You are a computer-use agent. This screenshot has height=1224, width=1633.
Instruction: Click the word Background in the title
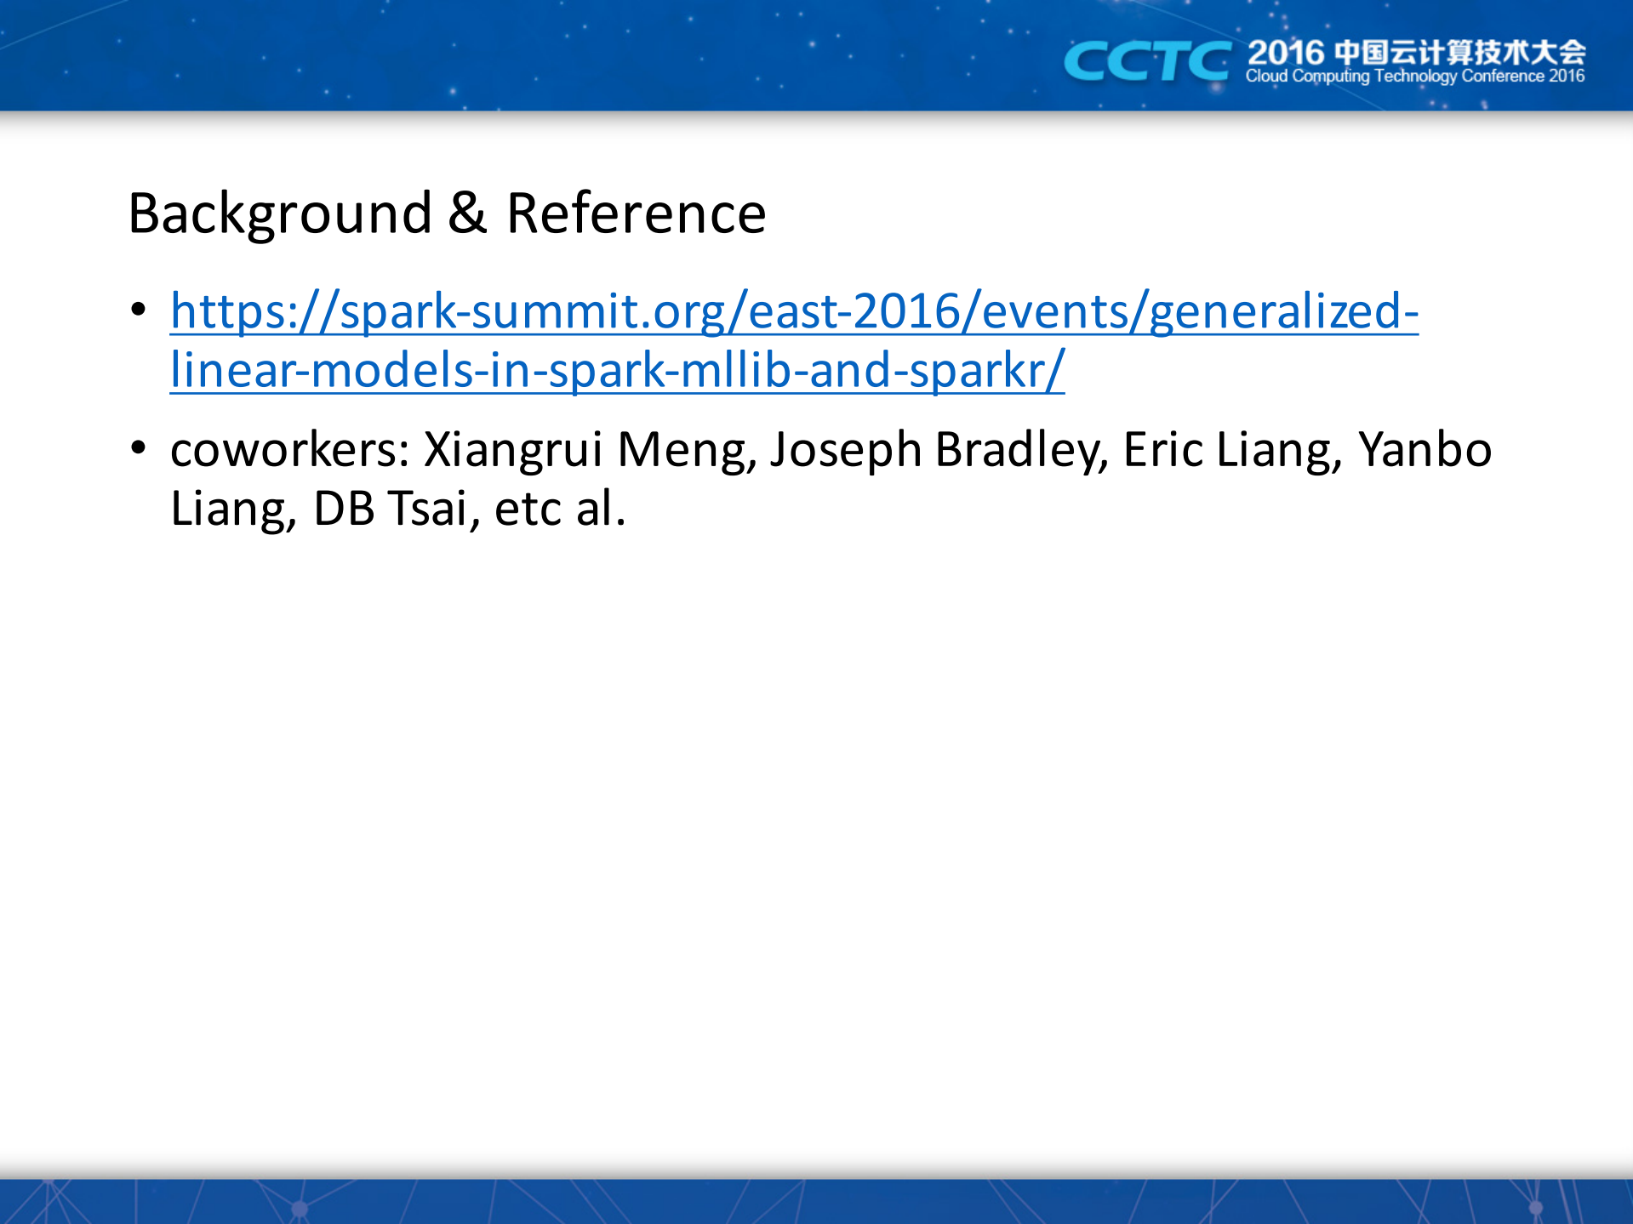280,214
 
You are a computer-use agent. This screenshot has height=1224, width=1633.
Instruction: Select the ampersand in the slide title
467,213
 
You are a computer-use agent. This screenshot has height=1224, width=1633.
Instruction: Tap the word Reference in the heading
636,213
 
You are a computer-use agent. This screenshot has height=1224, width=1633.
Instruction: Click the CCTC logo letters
1146,62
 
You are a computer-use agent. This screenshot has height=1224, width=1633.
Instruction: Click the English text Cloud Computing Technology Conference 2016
1415,77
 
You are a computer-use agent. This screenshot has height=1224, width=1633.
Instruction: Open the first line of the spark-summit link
794,311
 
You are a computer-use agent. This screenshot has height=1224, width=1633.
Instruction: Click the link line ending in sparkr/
617,371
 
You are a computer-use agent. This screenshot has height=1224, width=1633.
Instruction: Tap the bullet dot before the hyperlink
139,310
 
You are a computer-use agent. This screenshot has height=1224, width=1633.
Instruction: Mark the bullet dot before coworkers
139,448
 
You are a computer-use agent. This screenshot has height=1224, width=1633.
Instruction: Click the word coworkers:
291,450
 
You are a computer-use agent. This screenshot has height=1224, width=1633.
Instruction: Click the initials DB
344,510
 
